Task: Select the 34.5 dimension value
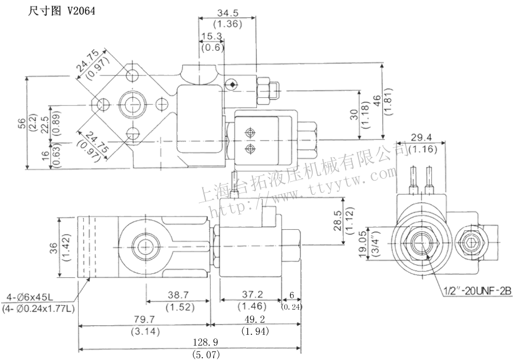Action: point(227,13)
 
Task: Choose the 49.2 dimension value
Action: point(255,319)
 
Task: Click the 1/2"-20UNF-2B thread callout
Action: point(477,291)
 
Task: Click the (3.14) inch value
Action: point(143,331)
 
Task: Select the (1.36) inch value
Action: point(227,24)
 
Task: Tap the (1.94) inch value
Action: point(255,331)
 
